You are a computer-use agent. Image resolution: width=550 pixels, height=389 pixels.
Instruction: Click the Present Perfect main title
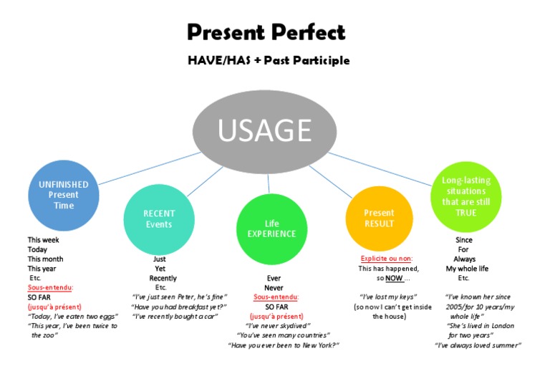point(266,32)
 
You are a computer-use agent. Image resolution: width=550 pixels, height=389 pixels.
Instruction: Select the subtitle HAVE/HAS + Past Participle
point(269,60)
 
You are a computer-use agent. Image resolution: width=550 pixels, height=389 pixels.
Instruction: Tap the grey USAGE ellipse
point(264,131)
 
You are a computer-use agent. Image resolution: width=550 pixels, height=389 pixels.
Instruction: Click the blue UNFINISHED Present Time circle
point(64,195)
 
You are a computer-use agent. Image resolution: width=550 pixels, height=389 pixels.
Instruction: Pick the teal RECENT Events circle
point(159,218)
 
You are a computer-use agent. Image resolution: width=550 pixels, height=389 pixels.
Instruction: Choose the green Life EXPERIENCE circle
point(271,229)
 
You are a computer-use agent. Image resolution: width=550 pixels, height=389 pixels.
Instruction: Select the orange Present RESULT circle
point(379,218)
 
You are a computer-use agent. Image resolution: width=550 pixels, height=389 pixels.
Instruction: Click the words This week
point(44,240)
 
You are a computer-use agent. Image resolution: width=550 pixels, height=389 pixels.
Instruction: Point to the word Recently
point(163,278)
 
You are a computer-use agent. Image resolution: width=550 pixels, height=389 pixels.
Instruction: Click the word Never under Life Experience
point(274,288)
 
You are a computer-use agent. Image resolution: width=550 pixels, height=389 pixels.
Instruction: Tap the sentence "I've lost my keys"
point(388,297)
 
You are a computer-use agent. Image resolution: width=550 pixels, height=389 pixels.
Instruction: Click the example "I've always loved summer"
point(478,345)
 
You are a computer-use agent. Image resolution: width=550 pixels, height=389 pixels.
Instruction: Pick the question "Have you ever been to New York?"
point(283,345)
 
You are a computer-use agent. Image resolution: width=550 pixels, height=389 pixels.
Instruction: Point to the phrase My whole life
point(467,269)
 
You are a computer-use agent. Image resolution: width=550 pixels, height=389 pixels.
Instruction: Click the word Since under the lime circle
point(464,240)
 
